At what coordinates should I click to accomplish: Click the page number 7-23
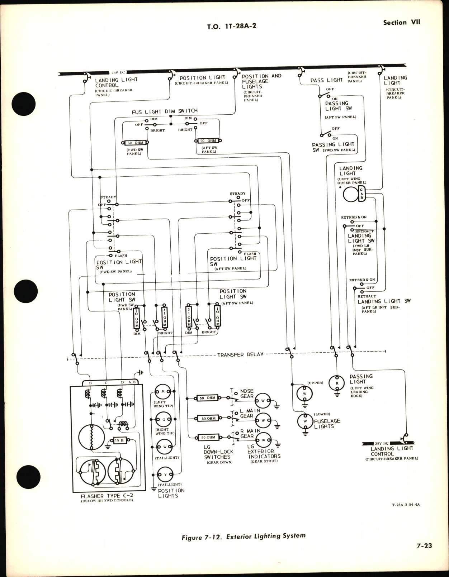point(424,546)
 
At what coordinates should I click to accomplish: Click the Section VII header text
point(401,22)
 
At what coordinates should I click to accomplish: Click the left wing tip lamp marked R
point(163,392)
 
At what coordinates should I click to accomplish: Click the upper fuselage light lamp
point(305,394)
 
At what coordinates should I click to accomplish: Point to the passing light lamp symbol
point(337,383)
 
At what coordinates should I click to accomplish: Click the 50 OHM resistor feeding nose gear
point(208,398)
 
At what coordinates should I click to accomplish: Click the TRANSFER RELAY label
point(240,354)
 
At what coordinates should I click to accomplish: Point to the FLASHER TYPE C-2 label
point(107,496)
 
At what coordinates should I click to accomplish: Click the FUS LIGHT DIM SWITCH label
point(165,111)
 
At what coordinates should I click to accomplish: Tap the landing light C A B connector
point(361,194)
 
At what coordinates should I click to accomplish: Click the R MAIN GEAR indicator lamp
point(264,440)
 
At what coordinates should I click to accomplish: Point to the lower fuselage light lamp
point(305,421)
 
